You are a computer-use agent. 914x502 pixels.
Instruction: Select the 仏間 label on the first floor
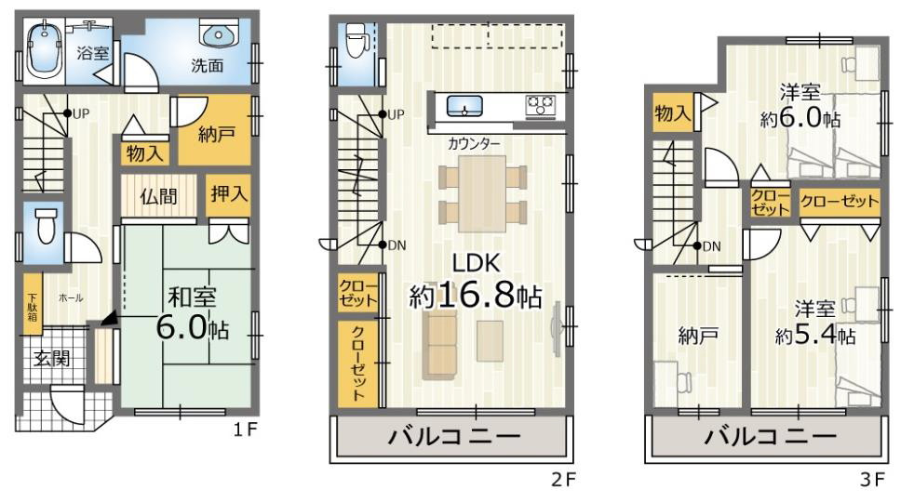click(160, 196)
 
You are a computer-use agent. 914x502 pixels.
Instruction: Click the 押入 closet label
click(227, 196)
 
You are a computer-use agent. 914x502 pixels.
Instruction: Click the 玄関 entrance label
click(53, 358)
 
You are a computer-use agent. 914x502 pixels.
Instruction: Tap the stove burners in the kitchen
click(541, 105)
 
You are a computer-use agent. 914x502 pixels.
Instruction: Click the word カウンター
click(474, 144)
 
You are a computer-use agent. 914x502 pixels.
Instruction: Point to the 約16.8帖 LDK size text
click(476, 296)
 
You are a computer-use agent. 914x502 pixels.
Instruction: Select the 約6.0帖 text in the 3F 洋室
click(800, 119)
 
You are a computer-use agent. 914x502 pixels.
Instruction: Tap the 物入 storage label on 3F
click(672, 113)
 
